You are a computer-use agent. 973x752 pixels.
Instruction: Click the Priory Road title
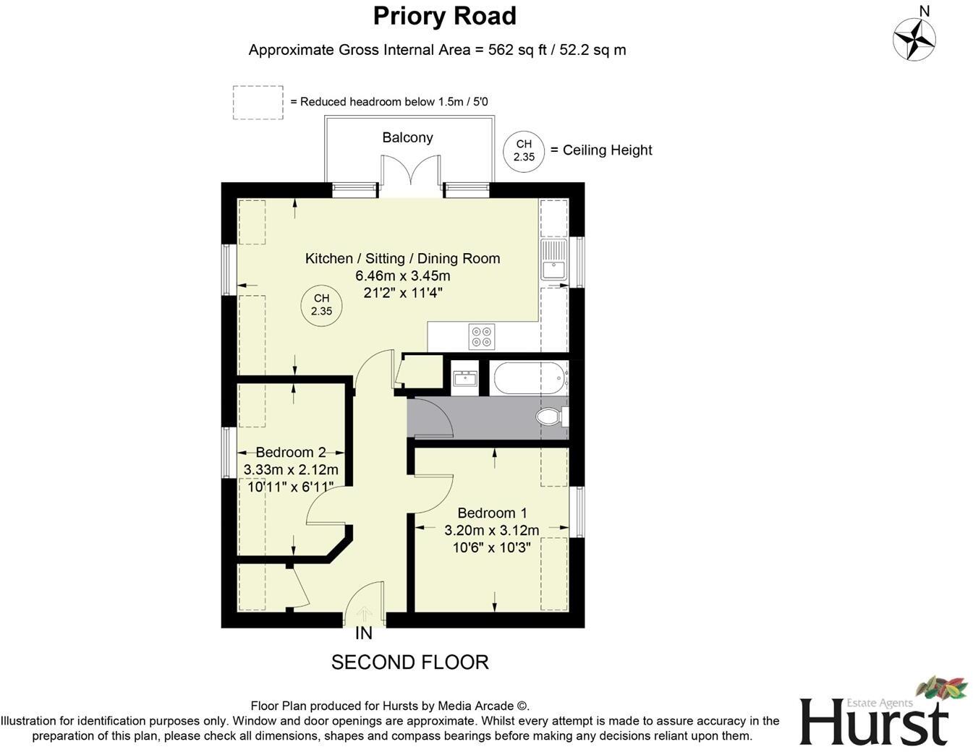[444, 16]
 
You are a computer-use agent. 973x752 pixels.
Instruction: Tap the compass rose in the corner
[914, 38]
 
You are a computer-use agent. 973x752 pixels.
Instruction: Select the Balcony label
[407, 137]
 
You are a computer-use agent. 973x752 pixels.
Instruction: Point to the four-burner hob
[482, 336]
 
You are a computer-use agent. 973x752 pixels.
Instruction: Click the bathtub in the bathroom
[529, 377]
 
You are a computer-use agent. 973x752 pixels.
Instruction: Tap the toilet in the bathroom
[551, 416]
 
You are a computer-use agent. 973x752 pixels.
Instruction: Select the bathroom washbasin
[464, 377]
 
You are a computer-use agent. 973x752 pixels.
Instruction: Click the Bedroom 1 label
[487, 513]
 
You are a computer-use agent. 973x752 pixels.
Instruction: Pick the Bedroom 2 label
[290, 452]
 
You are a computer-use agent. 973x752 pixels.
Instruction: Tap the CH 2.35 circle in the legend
[524, 150]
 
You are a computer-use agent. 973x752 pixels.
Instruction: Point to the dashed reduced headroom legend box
[258, 103]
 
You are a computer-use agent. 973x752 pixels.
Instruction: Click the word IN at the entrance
[364, 633]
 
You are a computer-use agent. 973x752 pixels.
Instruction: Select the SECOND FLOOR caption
[409, 662]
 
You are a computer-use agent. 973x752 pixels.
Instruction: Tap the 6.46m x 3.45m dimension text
[402, 275]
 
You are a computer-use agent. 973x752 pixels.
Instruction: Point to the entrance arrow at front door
[364, 614]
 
